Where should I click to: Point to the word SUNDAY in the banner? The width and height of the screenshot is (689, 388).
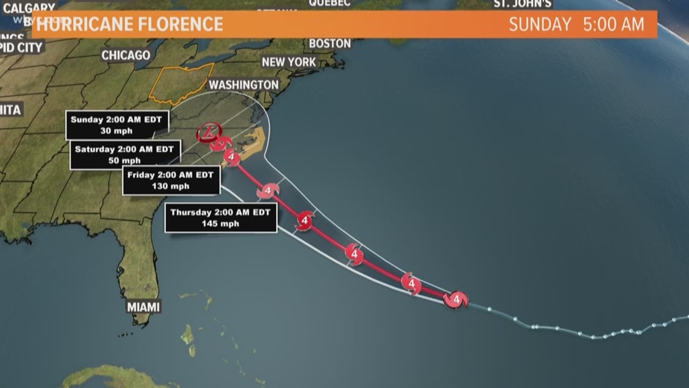tap(540, 24)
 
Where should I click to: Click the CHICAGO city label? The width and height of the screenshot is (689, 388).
tap(126, 55)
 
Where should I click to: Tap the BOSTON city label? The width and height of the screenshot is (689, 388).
tap(329, 44)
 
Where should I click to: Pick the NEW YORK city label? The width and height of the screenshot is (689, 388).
tap(288, 62)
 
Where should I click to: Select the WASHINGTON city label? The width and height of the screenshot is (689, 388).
tap(244, 85)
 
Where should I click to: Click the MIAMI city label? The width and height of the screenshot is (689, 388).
tap(143, 307)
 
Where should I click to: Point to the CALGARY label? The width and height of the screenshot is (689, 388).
tap(29, 8)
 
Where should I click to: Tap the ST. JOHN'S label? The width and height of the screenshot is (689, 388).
tap(523, 4)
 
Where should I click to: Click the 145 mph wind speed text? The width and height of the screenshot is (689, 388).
tap(221, 223)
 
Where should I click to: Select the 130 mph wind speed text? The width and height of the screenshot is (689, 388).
tap(172, 186)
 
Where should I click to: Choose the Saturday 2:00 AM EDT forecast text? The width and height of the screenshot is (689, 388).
tap(124, 149)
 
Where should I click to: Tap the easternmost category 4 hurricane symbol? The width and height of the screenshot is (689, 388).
tap(455, 299)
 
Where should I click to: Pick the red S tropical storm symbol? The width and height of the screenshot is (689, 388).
tap(220, 143)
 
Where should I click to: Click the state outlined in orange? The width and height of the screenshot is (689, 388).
tap(181, 84)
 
